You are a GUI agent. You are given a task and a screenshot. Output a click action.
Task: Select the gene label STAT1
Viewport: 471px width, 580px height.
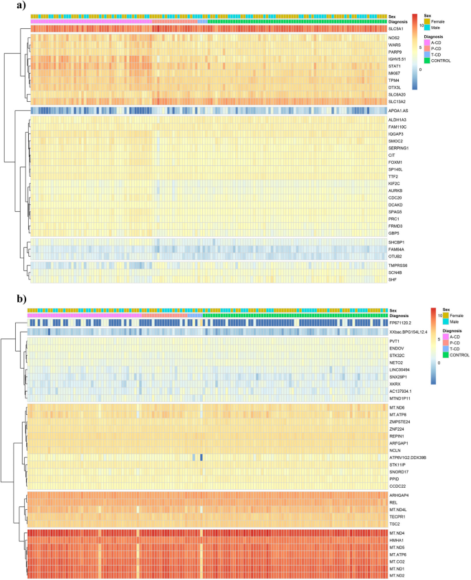coord(395,66)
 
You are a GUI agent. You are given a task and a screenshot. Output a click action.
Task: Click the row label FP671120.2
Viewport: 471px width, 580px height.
coord(401,321)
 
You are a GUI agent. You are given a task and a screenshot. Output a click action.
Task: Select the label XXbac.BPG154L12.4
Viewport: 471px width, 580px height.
coord(408,332)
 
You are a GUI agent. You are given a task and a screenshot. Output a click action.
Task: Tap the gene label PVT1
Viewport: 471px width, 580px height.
coord(394,341)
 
